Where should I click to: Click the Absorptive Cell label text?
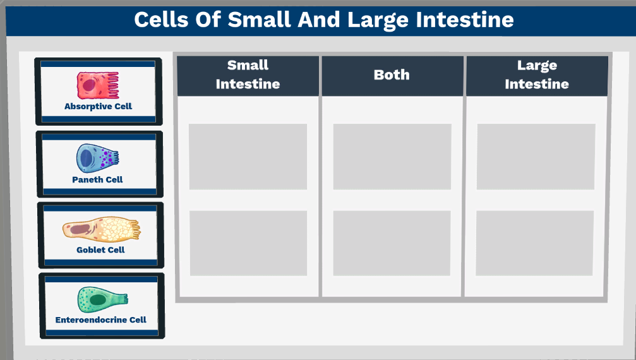pyautogui.click(x=98, y=106)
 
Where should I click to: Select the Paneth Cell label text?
pyautogui.click(x=97, y=179)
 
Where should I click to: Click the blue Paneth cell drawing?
pyautogui.click(x=95, y=158)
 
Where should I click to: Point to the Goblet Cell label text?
pyautogui.click(x=100, y=249)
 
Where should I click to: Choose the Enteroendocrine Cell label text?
pyautogui.click(x=100, y=320)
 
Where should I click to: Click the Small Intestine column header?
pyautogui.click(x=248, y=75)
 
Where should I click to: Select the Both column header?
pyautogui.click(x=392, y=75)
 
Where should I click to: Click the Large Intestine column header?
pyautogui.click(x=537, y=75)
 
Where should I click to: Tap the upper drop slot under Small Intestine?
pyautogui.click(x=248, y=157)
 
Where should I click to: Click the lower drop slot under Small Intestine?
pyautogui.click(x=248, y=243)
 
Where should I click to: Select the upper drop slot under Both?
pyautogui.click(x=392, y=157)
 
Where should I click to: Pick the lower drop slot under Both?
pyautogui.click(x=392, y=243)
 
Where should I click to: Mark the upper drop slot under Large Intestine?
pyautogui.click(x=536, y=157)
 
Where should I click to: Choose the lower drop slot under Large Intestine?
pyautogui.click(x=535, y=243)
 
